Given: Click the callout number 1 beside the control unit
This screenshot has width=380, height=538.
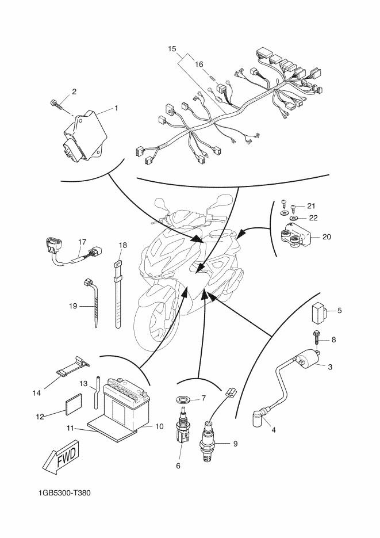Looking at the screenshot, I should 116,108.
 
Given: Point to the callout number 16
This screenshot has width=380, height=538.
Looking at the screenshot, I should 199,65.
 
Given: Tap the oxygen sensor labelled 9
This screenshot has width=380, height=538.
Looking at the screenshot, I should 207,442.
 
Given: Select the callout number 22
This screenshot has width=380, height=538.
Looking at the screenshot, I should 313,218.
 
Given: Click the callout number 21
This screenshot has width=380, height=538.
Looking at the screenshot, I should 311,206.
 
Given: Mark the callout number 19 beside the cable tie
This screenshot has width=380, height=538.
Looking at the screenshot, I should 73,306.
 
